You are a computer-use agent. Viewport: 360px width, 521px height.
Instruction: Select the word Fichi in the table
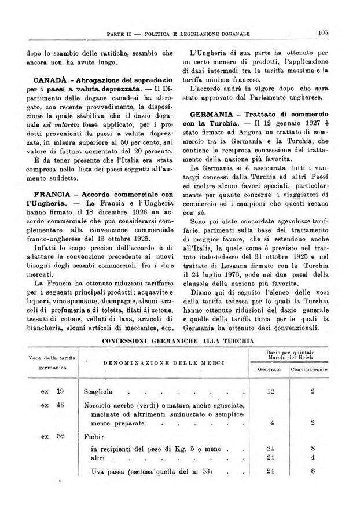pos(95,437)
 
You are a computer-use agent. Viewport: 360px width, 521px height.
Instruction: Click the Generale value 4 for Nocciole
pos(272,423)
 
